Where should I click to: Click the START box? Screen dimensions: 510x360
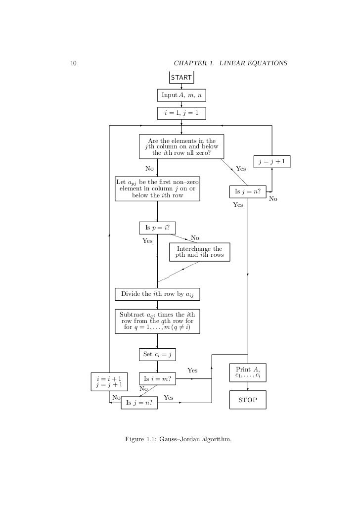click(x=181, y=77)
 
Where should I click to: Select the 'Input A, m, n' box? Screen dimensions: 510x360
click(x=181, y=94)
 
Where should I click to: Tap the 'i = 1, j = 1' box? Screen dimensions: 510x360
click(x=181, y=113)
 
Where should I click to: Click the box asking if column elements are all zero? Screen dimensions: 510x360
click(x=181, y=147)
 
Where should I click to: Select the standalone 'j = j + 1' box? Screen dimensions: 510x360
click(x=272, y=162)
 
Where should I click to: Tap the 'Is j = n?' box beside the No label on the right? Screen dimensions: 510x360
click(x=248, y=191)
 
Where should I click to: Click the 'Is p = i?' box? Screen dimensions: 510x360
click(x=157, y=228)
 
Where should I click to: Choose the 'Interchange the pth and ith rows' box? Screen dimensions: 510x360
click(x=199, y=252)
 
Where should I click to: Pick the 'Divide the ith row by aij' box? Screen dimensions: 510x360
click(x=157, y=294)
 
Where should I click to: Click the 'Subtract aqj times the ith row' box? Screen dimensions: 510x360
click(x=157, y=321)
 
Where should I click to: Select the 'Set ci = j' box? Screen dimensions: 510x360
click(x=157, y=354)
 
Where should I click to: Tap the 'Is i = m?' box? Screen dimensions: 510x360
click(x=157, y=379)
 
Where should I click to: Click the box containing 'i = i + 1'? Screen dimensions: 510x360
click(x=109, y=380)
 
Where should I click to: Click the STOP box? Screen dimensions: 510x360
click(x=248, y=400)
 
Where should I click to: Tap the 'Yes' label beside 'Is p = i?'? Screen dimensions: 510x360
click(x=147, y=241)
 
